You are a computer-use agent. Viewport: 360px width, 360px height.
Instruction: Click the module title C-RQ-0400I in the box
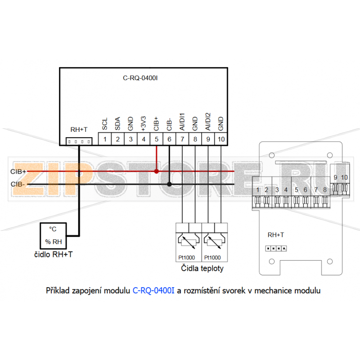pos(140,78)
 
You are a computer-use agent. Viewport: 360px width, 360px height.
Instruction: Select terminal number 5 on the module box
pos(157,139)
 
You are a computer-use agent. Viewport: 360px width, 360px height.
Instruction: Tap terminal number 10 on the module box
pos(221,139)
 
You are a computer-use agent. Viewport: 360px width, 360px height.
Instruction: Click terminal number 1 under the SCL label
pos(104,139)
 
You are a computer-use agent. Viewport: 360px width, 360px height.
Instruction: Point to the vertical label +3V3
pos(144,123)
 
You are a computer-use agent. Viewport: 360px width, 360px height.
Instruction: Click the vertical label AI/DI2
pos(208,121)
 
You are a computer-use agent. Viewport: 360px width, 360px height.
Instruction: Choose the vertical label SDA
pos(117,122)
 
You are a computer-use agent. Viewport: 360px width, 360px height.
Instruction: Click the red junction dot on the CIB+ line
pos(156,171)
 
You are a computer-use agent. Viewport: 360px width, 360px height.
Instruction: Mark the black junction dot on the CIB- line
pos(169,184)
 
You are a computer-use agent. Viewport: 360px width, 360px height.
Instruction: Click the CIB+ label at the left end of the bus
pos(18,171)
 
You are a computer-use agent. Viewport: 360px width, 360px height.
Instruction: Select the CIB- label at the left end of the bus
pos(18,184)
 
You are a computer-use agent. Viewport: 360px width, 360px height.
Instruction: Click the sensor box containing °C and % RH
pos(53,235)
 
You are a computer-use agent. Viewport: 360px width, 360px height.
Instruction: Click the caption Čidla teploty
pos(202,269)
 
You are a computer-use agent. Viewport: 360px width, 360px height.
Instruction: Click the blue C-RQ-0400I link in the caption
pos(153,290)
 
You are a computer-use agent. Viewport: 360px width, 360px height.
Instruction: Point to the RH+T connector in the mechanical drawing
pos(275,248)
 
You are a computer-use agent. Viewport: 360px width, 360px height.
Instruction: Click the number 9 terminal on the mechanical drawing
pos(336,178)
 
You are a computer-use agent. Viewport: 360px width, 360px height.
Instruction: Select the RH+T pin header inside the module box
pos(79,141)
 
